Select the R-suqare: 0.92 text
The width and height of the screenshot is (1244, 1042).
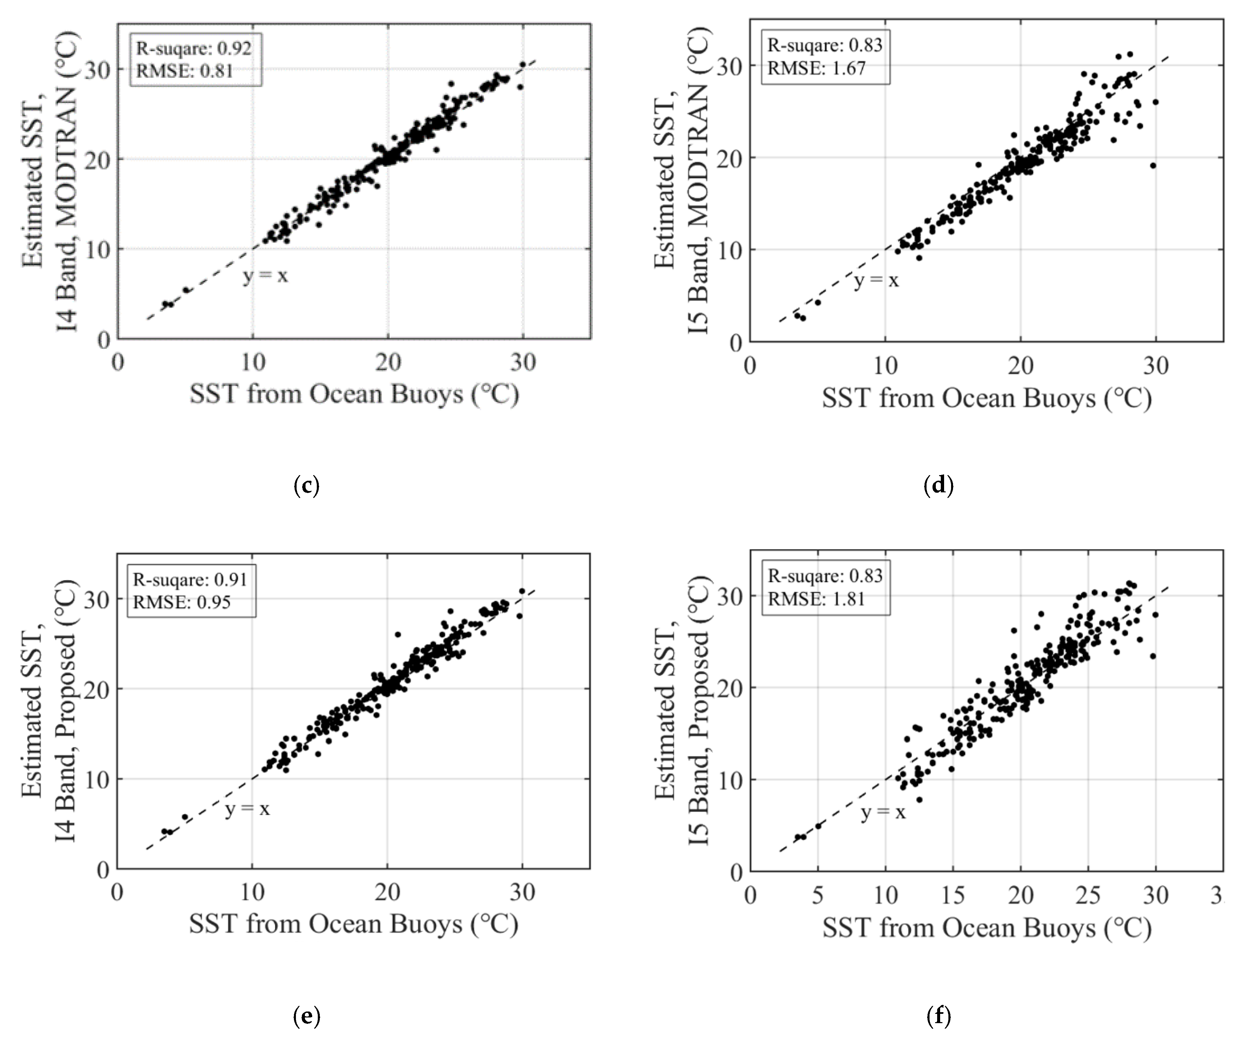click(194, 48)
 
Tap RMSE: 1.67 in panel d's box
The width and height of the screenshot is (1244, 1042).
click(816, 68)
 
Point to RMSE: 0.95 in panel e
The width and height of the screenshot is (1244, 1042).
click(181, 602)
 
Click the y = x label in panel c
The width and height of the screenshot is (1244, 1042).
click(265, 276)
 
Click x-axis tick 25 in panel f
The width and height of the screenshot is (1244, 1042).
click(1088, 895)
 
